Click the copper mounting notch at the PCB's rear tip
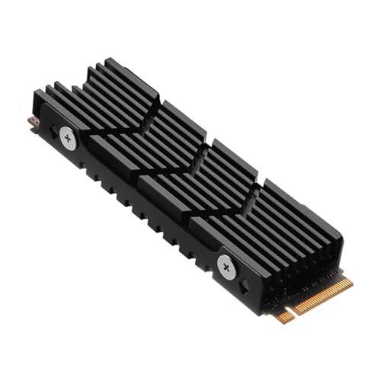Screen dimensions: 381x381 click(31, 120)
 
